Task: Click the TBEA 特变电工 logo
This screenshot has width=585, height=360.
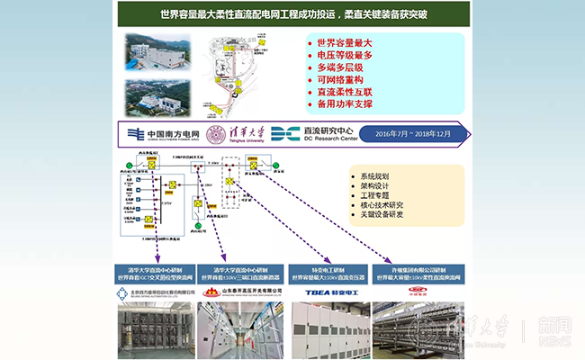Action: (324, 292)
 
